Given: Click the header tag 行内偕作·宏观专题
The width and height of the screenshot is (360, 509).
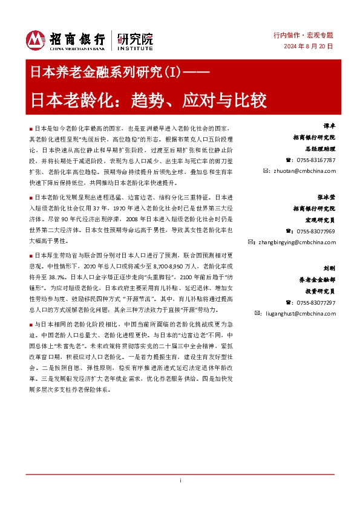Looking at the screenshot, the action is click(307, 36).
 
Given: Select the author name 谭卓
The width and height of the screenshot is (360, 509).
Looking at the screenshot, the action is click(327, 128).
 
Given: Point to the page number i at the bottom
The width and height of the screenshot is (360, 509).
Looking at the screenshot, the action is click(180, 496).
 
